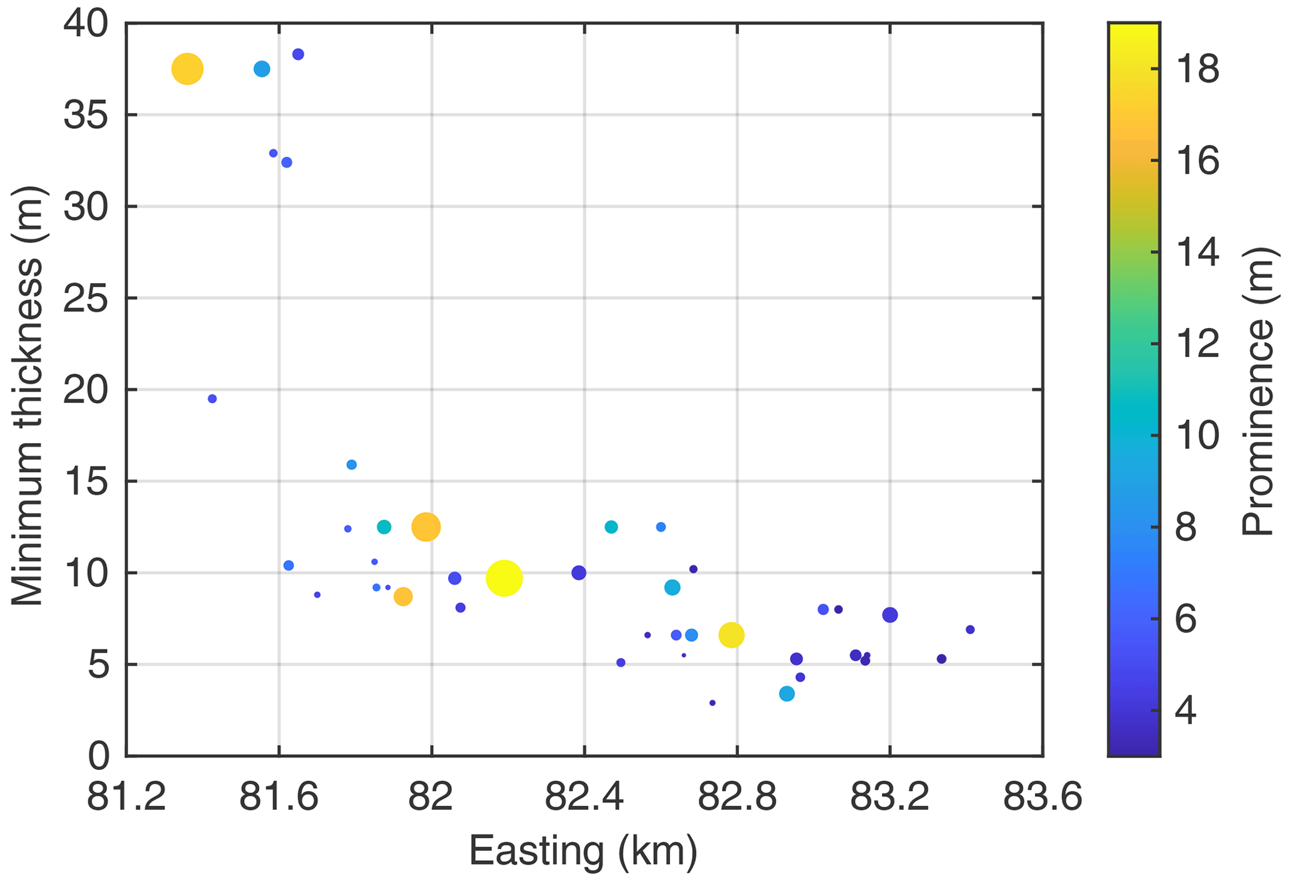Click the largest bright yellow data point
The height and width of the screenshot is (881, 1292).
[504, 579]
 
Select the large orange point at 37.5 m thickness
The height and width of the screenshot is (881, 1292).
[188, 69]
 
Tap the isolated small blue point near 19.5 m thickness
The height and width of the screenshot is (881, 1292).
[212, 399]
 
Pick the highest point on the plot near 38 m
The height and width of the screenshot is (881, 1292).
[298, 54]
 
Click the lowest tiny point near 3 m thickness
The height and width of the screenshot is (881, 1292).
[712, 703]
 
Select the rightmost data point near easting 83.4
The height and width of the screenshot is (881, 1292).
[970, 630]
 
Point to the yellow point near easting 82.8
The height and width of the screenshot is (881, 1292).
[731, 635]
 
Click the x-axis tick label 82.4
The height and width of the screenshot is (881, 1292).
[584, 798]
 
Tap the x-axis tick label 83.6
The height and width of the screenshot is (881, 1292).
[1042, 798]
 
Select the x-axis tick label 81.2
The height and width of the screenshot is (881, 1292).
[126, 798]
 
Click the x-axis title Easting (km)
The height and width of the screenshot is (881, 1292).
[583, 850]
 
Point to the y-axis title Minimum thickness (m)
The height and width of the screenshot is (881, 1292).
[28, 395]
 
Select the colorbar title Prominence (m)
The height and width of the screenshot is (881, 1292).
[1258, 391]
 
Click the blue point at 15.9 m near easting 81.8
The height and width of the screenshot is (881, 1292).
[351, 465]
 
